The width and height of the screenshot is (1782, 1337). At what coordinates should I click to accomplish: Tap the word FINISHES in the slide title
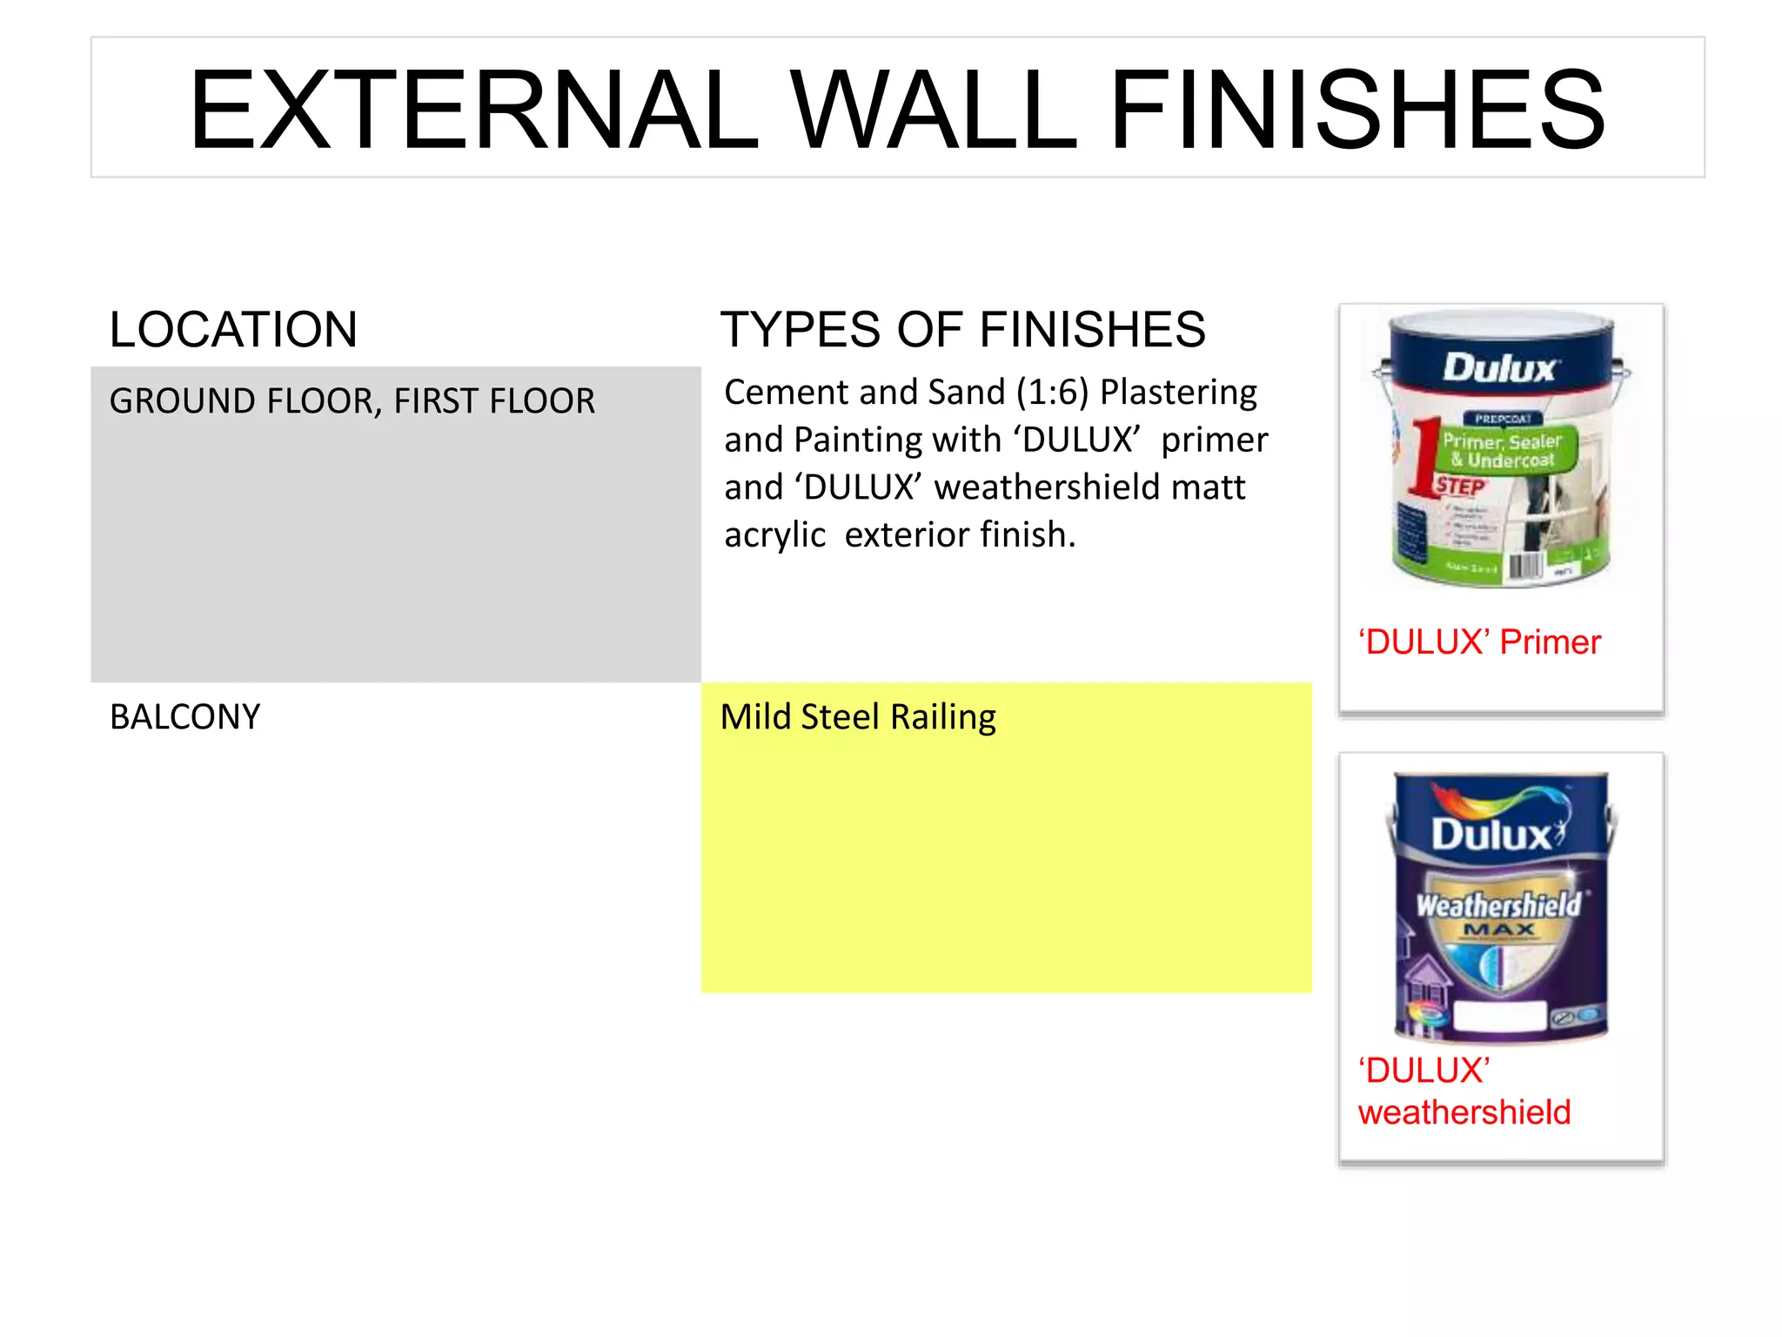tap(1357, 111)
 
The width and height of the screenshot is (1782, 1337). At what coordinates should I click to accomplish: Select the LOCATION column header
tap(233, 330)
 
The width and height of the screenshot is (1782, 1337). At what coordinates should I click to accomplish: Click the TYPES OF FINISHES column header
tap(963, 330)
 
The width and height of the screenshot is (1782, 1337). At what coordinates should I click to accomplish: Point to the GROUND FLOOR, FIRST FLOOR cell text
tap(352, 401)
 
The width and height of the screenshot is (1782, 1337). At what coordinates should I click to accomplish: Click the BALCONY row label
tap(184, 717)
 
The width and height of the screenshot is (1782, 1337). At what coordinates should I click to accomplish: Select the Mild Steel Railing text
tap(858, 717)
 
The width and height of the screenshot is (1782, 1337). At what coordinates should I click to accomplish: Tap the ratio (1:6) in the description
tap(1053, 393)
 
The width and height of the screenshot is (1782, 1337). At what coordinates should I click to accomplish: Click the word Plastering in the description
tap(1178, 393)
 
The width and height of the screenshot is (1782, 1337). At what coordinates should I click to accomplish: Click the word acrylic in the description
tap(774, 535)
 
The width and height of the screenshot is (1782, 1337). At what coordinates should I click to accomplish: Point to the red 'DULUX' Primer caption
tap(1479, 642)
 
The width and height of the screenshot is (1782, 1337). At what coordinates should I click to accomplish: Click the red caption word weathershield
tap(1464, 1112)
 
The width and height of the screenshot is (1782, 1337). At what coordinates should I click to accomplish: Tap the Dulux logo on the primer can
tap(1500, 368)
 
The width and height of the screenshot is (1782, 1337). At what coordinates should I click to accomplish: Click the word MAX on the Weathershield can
tap(1498, 931)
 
